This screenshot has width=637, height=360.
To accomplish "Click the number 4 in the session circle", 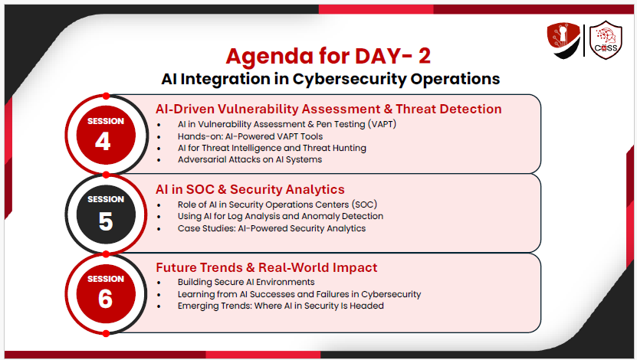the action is click(103, 142).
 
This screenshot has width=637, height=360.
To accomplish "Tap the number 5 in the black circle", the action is click(106, 221).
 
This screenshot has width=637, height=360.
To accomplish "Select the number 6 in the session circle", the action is click(105, 299).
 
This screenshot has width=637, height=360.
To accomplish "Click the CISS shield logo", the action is click(606, 40).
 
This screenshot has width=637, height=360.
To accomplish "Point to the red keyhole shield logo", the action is click(563, 40).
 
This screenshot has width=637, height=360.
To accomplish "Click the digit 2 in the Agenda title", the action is click(424, 56).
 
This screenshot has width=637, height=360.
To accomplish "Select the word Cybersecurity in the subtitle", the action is click(350, 79).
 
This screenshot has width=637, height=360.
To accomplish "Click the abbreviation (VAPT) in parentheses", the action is click(382, 124).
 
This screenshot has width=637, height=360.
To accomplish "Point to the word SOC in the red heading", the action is click(200, 189).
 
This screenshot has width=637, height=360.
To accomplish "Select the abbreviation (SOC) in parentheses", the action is click(365, 205).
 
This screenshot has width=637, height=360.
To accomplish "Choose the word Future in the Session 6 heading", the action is click(176, 268).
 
